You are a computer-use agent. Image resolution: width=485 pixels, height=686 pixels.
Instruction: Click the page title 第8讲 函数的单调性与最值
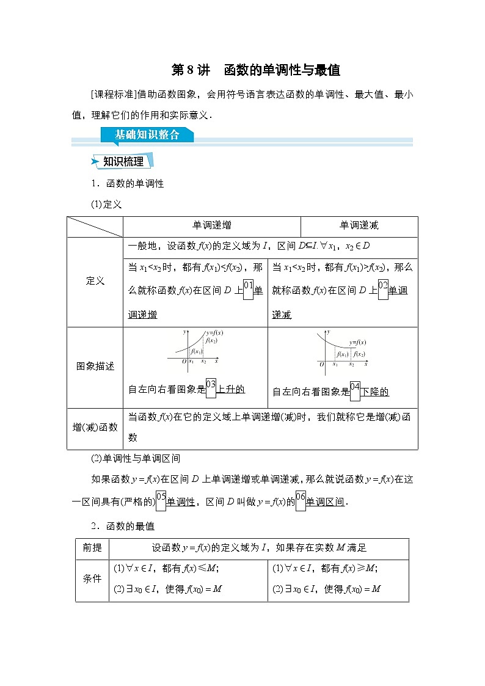coord(255,70)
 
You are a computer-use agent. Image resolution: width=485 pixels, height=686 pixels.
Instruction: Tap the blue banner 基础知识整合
coord(147,135)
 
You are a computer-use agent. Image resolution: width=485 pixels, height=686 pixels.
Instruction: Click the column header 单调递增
coord(212,225)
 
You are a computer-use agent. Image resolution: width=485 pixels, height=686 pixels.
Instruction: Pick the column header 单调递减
coord(359,225)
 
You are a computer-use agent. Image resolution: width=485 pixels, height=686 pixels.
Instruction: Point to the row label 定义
coord(95,281)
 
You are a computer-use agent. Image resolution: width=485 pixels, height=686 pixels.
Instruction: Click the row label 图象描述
coord(95,367)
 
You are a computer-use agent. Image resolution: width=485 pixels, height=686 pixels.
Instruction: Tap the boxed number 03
coord(211,385)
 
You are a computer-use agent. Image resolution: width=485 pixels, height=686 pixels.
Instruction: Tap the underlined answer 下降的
coord(374,392)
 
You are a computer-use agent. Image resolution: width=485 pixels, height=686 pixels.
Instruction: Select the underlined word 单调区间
coord(326,502)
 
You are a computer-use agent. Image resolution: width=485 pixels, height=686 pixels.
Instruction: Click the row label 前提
coord(92,548)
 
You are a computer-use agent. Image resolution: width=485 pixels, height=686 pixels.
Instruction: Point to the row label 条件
coord(92,578)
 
